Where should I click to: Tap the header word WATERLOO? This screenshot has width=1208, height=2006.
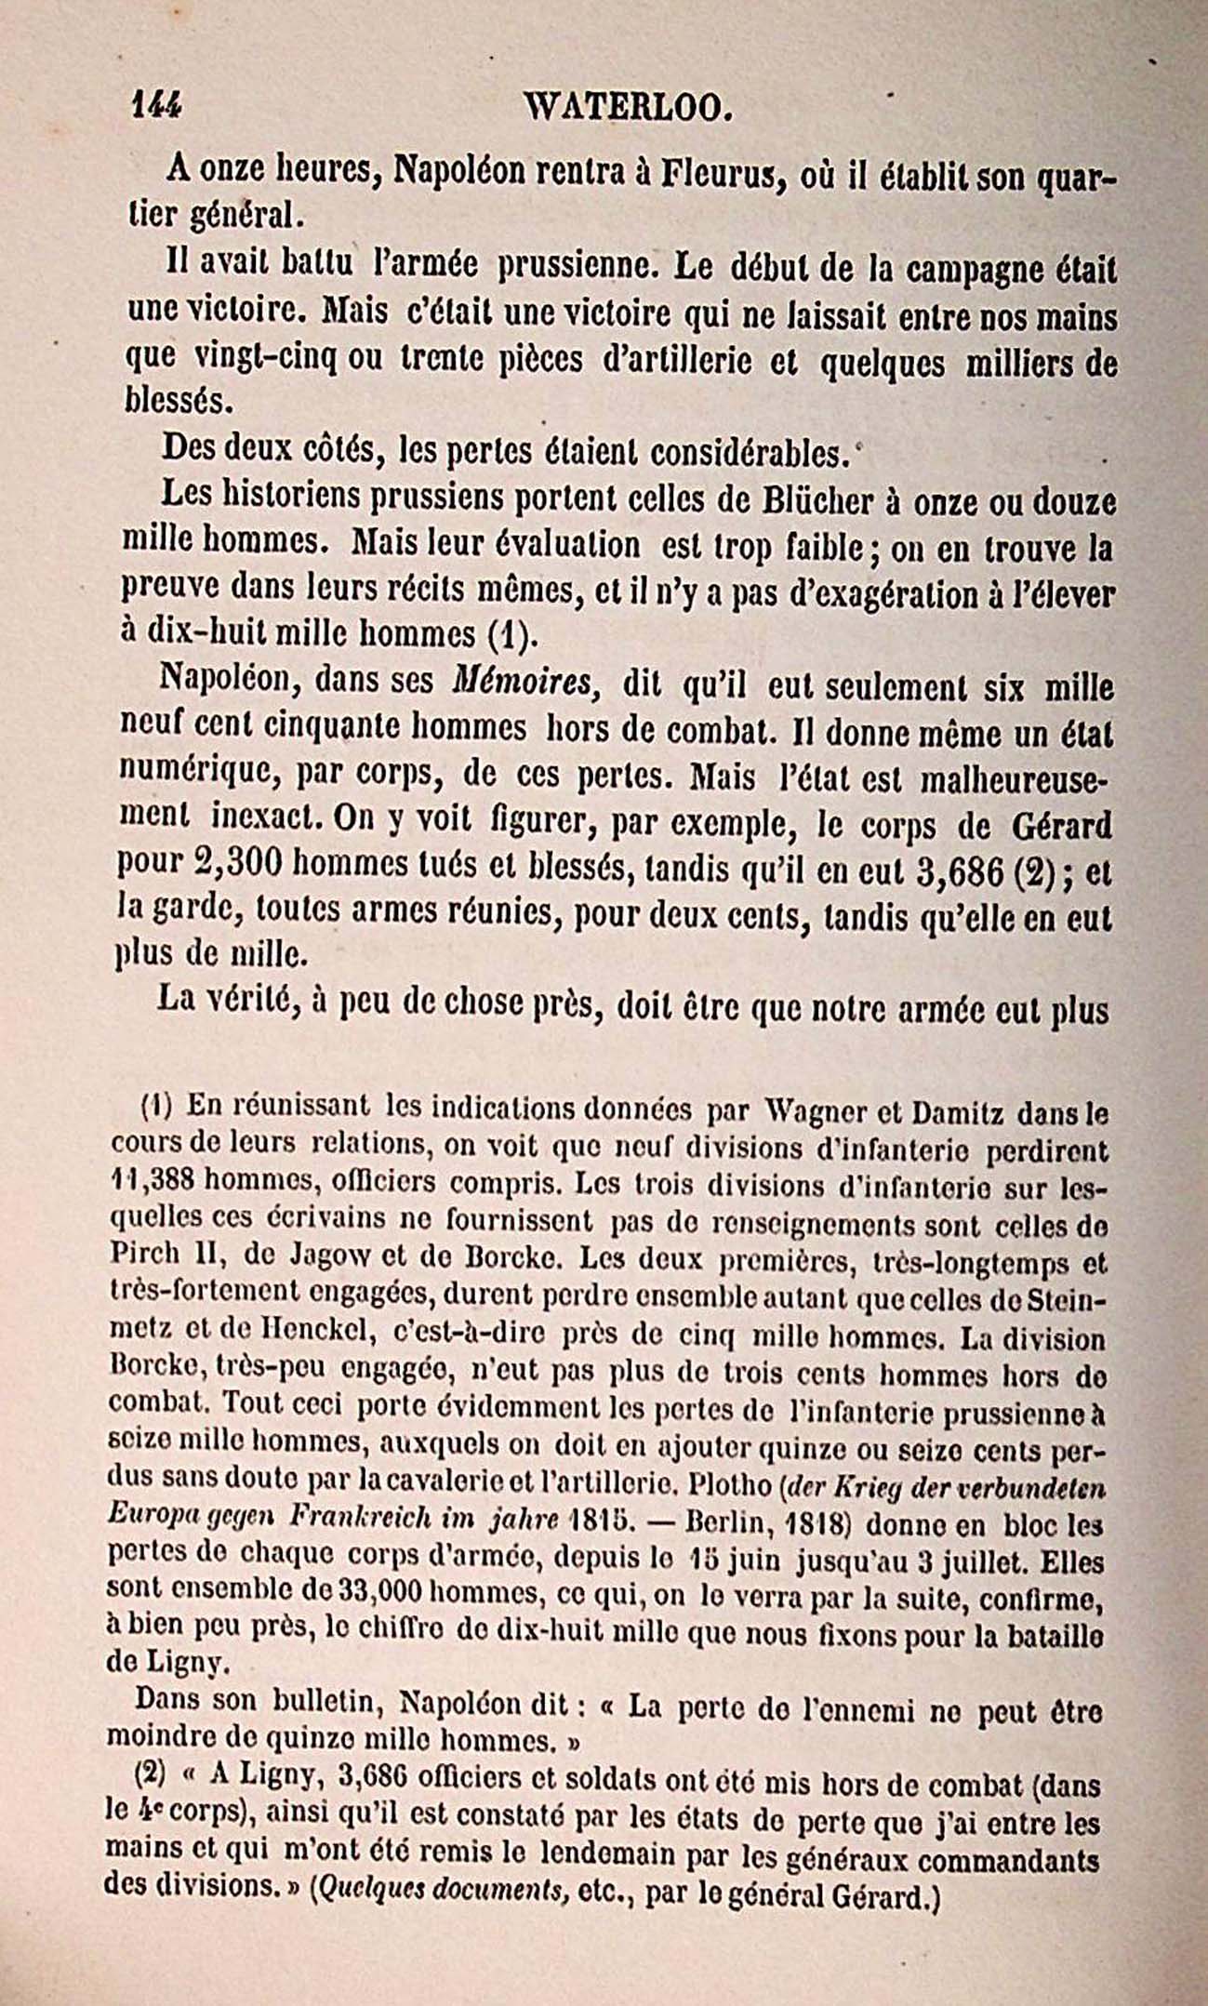622,109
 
